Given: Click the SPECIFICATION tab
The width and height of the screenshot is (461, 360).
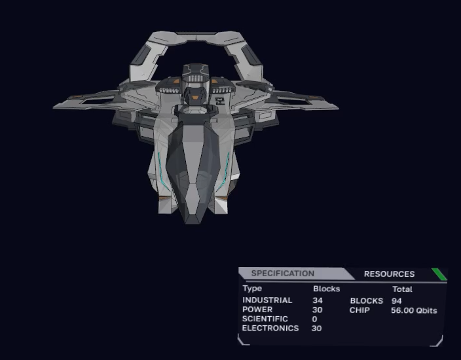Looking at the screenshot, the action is coord(282,274).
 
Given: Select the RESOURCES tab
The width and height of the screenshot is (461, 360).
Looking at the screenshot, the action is coord(389,274).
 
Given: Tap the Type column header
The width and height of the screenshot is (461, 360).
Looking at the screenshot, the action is coord(252,289).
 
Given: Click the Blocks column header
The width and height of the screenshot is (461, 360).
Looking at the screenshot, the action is coord(327,289).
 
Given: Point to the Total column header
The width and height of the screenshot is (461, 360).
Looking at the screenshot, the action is coord(402,289).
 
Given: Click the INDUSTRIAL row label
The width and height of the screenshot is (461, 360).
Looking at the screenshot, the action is coord(267,300).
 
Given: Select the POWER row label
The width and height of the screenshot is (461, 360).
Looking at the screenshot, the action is coord(257,310).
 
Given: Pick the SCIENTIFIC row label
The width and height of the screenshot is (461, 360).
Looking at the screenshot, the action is coord(265,319).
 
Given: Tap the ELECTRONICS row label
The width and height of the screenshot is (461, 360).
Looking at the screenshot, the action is coord(270,329).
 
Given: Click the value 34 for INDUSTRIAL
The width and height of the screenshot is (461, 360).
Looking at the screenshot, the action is coord(318,300).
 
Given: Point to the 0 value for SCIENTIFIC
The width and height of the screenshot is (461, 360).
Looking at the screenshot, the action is coord(314,319).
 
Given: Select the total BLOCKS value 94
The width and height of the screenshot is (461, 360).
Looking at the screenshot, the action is coord(397,301).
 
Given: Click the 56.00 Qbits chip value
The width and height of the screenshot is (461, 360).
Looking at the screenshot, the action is coord(414,311).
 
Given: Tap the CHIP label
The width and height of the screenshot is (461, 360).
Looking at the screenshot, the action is coord(360,310).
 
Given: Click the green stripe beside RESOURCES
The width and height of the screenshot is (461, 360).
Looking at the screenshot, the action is coord(439,274).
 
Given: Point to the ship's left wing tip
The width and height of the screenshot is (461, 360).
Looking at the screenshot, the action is coord(54,107).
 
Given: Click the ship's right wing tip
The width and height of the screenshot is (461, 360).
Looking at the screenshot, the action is coord(338,108).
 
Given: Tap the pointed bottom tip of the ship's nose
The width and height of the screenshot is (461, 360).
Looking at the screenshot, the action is coord(193,223).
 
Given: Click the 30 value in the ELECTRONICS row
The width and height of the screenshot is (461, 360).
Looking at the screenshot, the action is coord(316,329).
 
